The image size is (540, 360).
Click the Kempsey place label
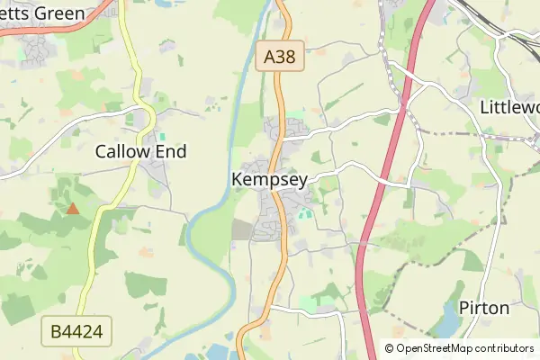[269, 180]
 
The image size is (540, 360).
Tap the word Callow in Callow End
[121, 152]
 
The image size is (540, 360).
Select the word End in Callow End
[169, 152]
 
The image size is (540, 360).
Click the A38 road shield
[280, 58]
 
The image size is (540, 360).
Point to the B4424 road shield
[77, 333]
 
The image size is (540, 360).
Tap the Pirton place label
[484, 308]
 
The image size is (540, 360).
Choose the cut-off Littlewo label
[509, 107]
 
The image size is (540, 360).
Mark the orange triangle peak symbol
[72, 209]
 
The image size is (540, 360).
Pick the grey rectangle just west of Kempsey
[242, 229]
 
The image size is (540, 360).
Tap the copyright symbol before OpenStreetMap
[389, 348]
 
